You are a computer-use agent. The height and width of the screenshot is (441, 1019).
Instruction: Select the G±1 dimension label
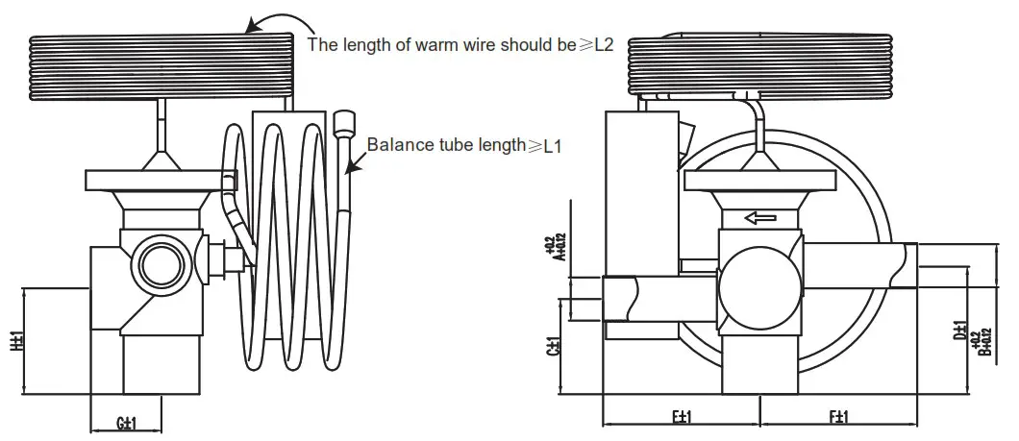click(124, 424)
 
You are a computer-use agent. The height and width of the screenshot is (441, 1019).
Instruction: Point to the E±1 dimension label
click(681, 416)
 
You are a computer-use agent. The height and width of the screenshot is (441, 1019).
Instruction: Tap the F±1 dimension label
click(838, 416)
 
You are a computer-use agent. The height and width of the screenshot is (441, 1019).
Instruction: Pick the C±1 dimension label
click(554, 346)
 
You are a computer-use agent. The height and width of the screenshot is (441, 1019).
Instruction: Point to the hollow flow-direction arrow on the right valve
click(759, 217)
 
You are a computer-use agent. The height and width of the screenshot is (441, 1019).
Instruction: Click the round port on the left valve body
click(154, 260)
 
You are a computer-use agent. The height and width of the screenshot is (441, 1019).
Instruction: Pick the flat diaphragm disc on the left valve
click(160, 180)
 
